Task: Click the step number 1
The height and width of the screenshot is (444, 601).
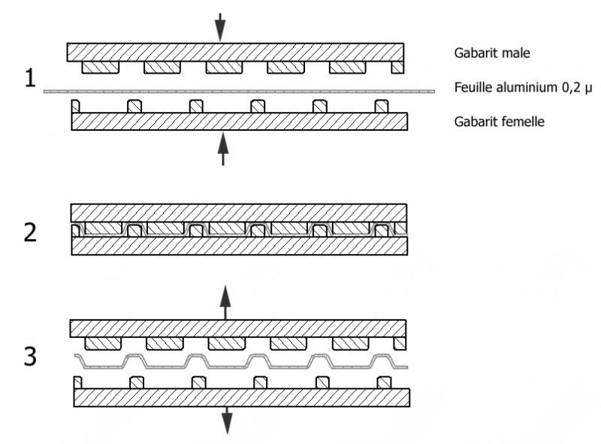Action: (30, 77)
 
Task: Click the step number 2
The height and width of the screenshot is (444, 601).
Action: (30, 231)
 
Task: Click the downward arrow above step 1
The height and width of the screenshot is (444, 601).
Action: (219, 26)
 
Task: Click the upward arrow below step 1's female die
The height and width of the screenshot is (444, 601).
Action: (222, 151)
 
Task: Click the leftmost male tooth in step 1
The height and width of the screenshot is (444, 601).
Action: (101, 68)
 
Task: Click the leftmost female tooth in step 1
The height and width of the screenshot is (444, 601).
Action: (75, 105)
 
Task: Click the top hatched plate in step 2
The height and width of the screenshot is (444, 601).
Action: (238, 212)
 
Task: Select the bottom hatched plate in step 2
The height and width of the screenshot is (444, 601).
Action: (239, 246)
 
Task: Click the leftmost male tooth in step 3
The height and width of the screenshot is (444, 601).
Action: (104, 343)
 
